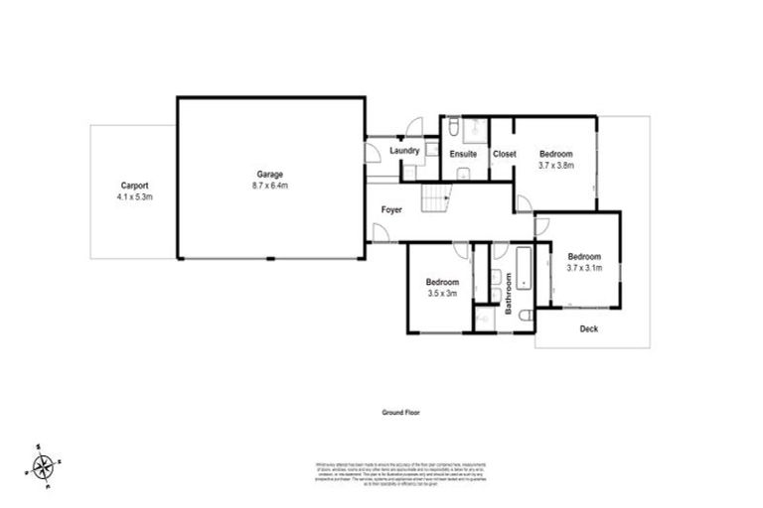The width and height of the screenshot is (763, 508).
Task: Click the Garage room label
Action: click(x=267, y=174)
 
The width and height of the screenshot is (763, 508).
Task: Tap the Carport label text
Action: click(x=134, y=186)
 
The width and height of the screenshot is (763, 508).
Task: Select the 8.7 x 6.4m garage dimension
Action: click(x=267, y=186)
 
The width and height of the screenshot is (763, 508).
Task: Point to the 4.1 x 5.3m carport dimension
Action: click(x=134, y=197)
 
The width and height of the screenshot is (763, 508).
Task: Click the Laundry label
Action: click(x=403, y=151)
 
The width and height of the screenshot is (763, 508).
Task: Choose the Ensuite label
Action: click(x=463, y=154)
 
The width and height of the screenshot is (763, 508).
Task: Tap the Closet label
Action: click(x=504, y=154)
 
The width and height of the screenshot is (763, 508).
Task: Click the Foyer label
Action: click(x=393, y=210)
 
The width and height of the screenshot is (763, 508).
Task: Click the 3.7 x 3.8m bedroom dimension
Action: click(x=556, y=166)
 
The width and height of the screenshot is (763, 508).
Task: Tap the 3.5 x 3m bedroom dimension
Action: click(x=442, y=294)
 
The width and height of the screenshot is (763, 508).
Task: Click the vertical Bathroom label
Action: click(x=507, y=296)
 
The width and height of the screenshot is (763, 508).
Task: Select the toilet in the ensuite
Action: click(x=452, y=126)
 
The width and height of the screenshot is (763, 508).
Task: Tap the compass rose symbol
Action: click(x=44, y=465)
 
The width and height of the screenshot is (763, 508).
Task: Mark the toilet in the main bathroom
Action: click(x=526, y=317)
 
